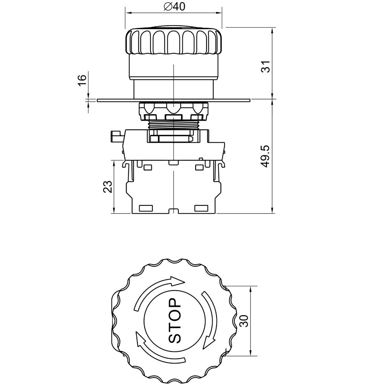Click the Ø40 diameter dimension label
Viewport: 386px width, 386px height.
174,6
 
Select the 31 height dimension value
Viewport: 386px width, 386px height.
266,66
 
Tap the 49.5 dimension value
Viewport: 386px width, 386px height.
265,156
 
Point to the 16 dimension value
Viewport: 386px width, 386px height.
82,80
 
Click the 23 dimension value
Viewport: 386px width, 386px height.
108,187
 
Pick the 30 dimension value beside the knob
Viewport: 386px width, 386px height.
244,321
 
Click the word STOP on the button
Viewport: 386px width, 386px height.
175,321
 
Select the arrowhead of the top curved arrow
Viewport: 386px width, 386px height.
178,281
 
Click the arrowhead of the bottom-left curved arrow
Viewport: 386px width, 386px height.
139,337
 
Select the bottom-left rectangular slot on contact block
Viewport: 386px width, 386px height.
145,208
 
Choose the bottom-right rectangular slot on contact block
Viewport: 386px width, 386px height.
201,208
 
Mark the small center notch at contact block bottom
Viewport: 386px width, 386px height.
173,211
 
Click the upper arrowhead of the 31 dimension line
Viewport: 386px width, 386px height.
272,30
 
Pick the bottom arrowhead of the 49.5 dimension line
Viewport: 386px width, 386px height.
272,211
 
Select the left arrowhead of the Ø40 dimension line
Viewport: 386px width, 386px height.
128,13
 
